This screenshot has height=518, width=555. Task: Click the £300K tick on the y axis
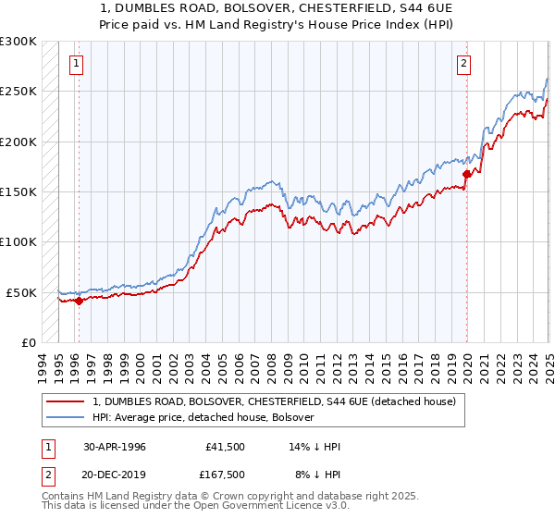[x=18, y=42]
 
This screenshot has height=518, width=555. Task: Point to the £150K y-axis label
[x=18, y=192]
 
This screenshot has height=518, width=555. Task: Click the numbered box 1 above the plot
[x=76, y=64]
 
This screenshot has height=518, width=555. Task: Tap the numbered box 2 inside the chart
[x=462, y=64]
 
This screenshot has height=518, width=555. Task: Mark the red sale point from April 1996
[x=80, y=300]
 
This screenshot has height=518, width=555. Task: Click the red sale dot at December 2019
[x=467, y=174]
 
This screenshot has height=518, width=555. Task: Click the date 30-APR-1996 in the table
[x=113, y=446]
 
